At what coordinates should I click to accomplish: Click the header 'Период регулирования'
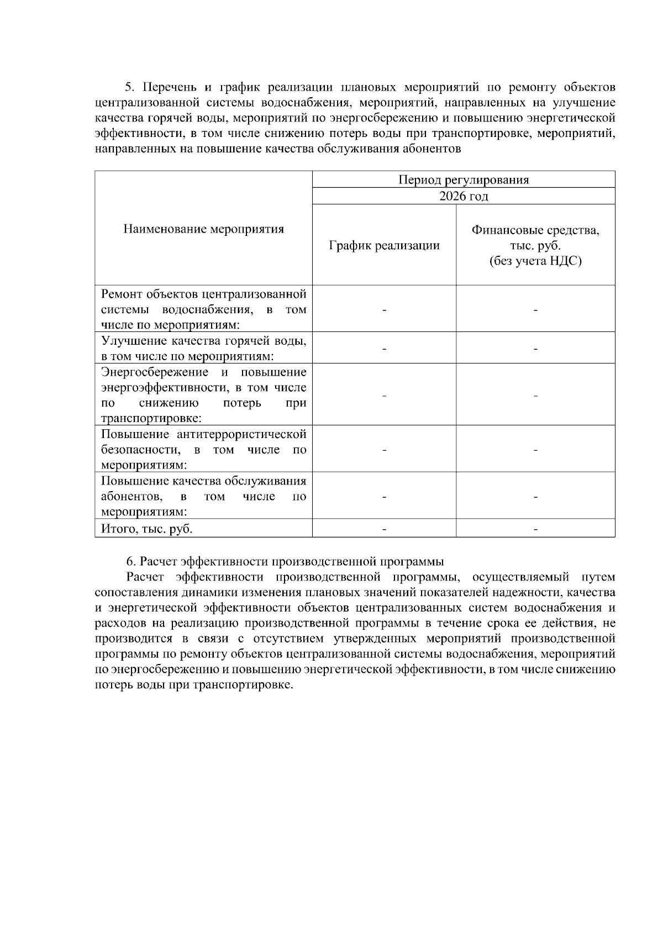464,180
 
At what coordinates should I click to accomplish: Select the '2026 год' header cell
464,196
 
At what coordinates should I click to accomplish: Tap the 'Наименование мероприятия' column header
203,229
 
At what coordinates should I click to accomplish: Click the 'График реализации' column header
384,245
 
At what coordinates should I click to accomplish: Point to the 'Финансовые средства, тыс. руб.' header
535,238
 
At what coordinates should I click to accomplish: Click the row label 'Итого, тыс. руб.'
146,529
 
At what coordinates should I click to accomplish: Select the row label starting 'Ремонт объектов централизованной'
203,309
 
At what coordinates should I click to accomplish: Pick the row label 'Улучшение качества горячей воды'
203,348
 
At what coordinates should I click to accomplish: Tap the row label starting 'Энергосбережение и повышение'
203,394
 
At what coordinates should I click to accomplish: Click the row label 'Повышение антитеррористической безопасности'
203,449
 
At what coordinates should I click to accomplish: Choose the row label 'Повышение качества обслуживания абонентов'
203,496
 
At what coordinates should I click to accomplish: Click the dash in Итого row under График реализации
384,529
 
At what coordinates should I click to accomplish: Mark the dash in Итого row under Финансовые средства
535,529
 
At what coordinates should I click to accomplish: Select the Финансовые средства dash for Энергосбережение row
535,396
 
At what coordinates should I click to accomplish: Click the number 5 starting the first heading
128,87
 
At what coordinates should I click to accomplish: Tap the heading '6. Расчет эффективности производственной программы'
285,562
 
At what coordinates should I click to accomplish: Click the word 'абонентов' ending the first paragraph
435,149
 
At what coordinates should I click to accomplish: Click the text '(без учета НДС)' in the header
535,261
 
